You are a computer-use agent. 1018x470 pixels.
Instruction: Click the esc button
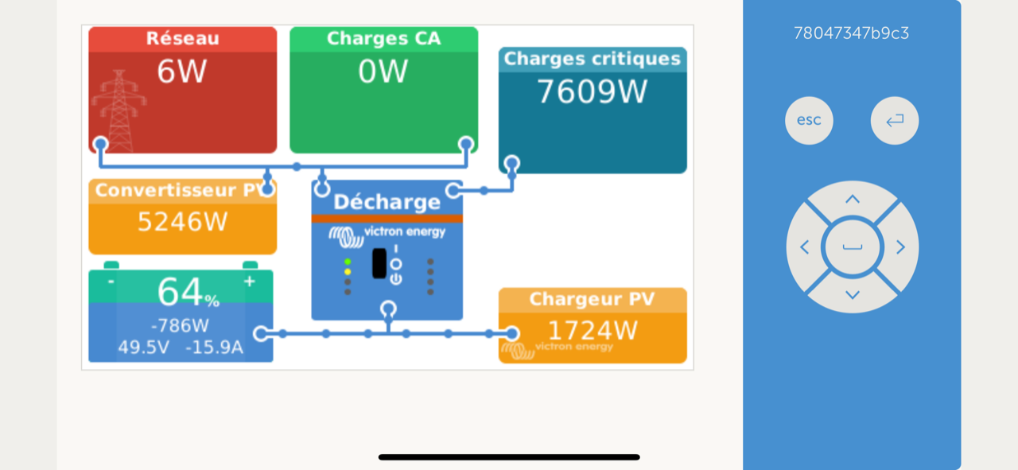pyautogui.click(x=809, y=121)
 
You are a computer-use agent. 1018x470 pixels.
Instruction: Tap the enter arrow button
pyautogui.click(x=895, y=121)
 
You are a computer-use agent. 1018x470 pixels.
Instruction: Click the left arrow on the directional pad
pyautogui.click(x=804, y=247)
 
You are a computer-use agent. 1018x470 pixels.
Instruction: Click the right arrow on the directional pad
pyautogui.click(x=900, y=247)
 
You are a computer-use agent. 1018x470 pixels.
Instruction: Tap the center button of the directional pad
pyautogui.click(x=853, y=247)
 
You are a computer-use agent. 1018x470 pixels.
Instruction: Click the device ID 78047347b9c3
pyautogui.click(x=851, y=33)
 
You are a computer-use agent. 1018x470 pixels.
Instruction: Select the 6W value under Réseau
pyautogui.click(x=181, y=72)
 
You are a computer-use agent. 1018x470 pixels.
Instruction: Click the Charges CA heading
pyautogui.click(x=383, y=39)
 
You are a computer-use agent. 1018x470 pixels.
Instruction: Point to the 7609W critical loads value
pyautogui.click(x=593, y=92)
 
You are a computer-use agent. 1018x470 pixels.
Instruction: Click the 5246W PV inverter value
pyautogui.click(x=182, y=221)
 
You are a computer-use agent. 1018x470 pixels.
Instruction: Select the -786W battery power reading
pyautogui.click(x=180, y=325)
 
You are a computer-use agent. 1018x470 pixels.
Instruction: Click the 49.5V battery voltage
pyautogui.click(x=143, y=348)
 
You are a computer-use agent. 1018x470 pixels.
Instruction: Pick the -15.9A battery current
pyautogui.click(x=214, y=348)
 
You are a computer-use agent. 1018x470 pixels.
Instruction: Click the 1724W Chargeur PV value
pyautogui.click(x=593, y=330)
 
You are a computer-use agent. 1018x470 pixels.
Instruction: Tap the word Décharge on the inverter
pyautogui.click(x=387, y=202)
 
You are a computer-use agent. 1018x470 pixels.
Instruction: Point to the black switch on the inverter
pyautogui.click(x=379, y=263)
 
